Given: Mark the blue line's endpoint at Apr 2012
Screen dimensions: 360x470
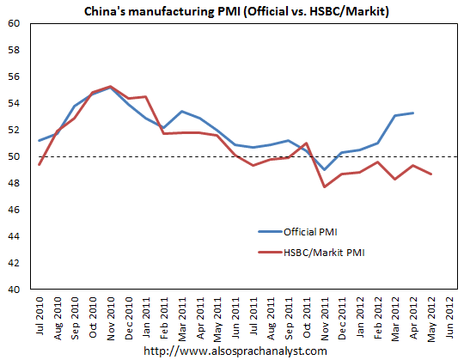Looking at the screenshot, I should click(413, 113).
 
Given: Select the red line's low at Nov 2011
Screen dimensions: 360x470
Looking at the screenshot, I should click(325, 186).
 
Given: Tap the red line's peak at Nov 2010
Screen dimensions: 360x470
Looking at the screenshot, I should click(111, 87).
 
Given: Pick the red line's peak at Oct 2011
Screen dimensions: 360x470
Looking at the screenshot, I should click(307, 143).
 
